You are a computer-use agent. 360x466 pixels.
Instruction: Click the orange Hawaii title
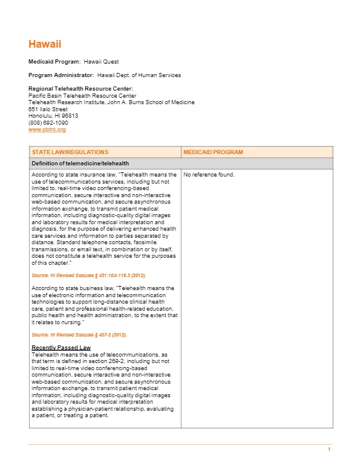45,44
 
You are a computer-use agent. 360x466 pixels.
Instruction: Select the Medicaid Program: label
55,62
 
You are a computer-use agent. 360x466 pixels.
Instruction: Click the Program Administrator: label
61,75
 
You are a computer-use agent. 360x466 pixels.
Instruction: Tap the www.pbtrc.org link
47,129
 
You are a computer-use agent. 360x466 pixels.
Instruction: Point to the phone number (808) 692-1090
48,122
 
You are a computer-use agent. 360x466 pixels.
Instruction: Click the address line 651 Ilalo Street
48,109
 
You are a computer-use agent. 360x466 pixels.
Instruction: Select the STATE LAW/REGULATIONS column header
70,152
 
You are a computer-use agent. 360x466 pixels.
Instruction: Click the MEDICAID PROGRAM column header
213,152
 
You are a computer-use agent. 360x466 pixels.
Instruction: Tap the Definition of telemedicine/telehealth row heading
80,164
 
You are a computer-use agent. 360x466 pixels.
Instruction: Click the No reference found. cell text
209,175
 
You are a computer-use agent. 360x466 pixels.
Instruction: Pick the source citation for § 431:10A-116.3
89,275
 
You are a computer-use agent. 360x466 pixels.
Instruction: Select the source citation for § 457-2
79,335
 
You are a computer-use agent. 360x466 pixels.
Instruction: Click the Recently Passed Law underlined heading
61,348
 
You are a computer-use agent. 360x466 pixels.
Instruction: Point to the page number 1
329,450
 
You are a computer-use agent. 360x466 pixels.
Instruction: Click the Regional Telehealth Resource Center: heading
76,89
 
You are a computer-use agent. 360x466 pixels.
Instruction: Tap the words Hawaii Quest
101,62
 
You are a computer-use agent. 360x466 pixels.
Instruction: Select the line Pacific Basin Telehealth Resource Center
82,96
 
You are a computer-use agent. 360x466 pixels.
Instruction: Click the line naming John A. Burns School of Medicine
111,102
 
